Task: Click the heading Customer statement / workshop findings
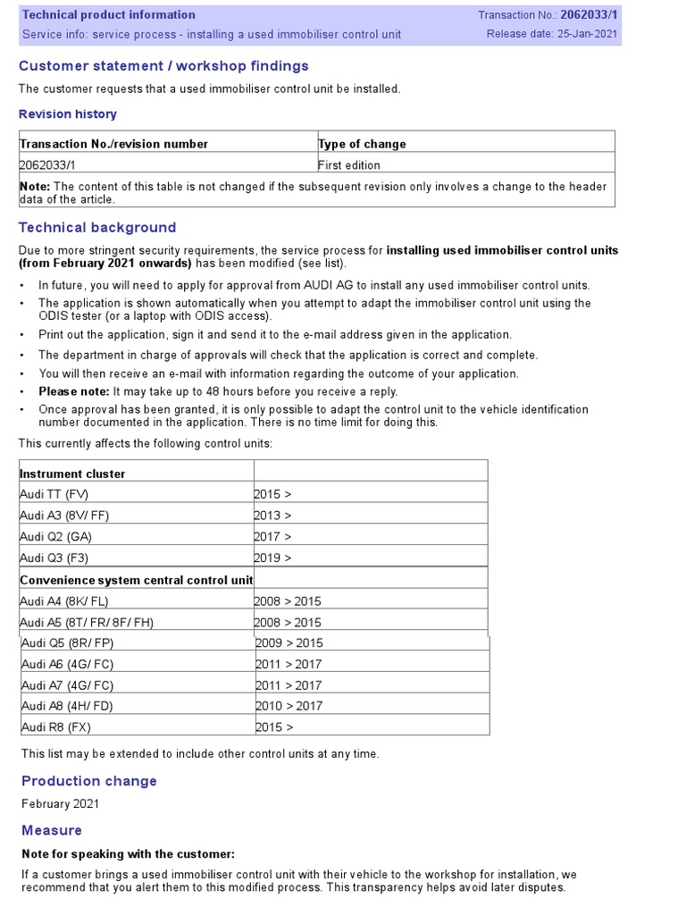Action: pyautogui.click(x=163, y=66)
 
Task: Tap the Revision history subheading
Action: pyautogui.click(x=68, y=114)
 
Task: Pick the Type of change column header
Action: pyautogui.click(x=362, y=144)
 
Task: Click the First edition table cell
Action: pyautogui.click(x=349, y=165)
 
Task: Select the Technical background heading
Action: pyautogui.click(x=97, y=228)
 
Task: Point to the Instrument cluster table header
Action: pyautogui.click(x=72, y=474)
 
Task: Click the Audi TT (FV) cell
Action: pyautogui.click(x=54, y=494)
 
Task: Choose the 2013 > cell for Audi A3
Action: pyautogui.click(x=272, y=516)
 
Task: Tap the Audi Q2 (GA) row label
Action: pyautogui.click(x=56, y=537)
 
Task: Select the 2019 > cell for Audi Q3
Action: pyautogui.click(x=272, y=558)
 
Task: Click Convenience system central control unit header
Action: pyautogui.click(x=137, y=580)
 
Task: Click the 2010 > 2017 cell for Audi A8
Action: pyautogui.click(x=289, y=706)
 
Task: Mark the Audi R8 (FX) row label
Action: pyautogui.click(x=55, y=726)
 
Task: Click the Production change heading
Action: pyautogui.click(x=89, y=781)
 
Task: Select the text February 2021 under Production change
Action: pyautogui.click(x=61, y=803)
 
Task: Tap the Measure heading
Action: pyautogui.click(x=52, y=830)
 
